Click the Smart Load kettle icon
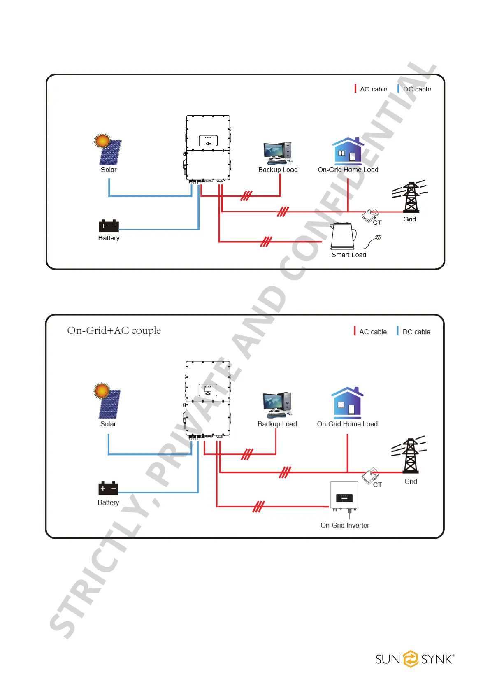(343, 236)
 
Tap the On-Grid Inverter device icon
(344, 495)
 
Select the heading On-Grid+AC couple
(114, 330)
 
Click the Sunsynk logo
(414, 659)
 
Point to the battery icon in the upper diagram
(109, 226)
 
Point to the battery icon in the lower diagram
(108, 488)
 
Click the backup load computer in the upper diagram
(278, 153)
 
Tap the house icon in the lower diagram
(347, 402)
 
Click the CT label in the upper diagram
(377, 223)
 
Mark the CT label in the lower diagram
(377, 485)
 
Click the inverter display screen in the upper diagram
(208, 141)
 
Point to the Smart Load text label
(349, 255)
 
